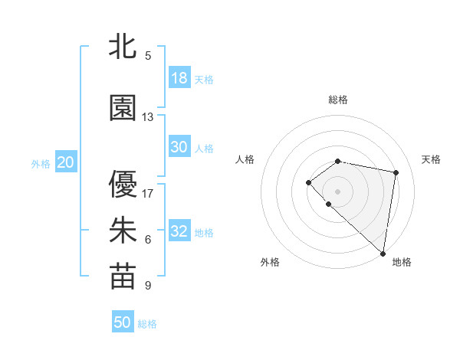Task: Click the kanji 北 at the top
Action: (123, 46)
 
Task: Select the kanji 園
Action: (123, 108)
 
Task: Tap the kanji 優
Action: (123, 184)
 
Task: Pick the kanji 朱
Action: (123, 231)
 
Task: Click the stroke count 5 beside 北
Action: (148, 56)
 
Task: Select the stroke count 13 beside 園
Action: (148, 117)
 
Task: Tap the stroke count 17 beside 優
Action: (148, 193)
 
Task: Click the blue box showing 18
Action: (179, 77)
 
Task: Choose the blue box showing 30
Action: (179, 147)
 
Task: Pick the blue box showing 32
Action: (179, 231)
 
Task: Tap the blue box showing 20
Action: (66, 162)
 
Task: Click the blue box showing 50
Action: (123, 322)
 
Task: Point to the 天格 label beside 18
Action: (204, 80)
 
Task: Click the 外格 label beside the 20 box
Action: (40, 164)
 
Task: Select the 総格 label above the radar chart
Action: (338, 100)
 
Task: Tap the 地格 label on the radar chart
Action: (402, 263)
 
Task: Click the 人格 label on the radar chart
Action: (245, 159)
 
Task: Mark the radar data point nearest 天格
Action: (396, 173)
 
